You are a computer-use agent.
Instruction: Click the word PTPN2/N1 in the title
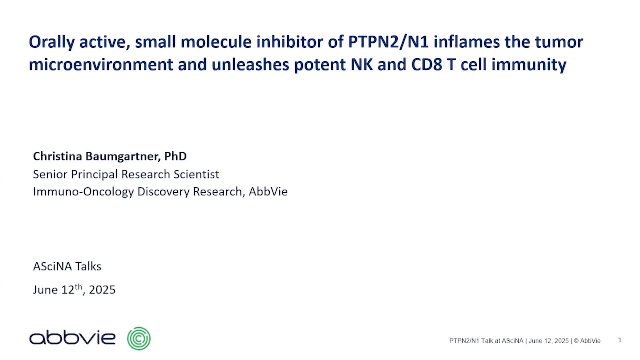[388, 42]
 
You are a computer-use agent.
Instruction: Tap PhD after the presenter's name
[175, 156]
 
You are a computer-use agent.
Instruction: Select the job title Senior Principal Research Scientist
[126, 174]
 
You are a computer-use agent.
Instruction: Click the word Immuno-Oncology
[84, 192]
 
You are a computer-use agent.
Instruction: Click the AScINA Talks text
[67, 266]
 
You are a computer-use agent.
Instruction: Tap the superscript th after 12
[78, 287]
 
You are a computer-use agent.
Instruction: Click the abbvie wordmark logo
[72, 338]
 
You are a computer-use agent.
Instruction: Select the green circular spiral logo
[139, 339]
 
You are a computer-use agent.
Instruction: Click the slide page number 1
[620, 340]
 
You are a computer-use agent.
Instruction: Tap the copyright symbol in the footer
[576, 341]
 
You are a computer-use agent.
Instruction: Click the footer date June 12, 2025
[548, 341]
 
